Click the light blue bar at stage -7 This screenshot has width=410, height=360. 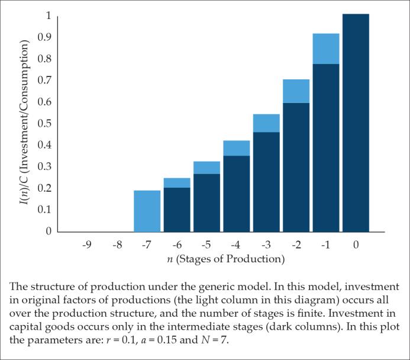[147, 211]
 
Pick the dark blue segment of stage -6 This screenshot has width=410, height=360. [177, 209]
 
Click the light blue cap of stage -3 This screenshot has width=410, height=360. [266, 123]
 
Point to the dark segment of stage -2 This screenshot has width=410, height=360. [296, 167]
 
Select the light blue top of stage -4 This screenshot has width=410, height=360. [237, 148]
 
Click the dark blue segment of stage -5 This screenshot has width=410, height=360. [206, 202]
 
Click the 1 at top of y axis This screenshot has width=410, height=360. [49, 15]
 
